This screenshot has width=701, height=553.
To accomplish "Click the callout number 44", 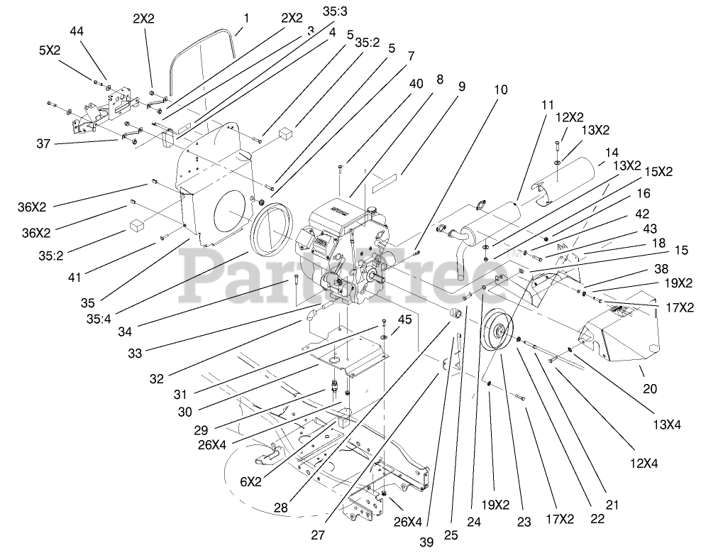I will [77, 31].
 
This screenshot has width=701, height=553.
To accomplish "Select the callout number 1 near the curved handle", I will [246, 16].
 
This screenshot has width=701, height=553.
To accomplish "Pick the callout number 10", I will [501, 91].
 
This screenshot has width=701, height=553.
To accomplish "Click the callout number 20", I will [650, 388].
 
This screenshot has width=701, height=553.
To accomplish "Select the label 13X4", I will [666, 425].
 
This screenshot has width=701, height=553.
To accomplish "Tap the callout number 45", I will [405, 319].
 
